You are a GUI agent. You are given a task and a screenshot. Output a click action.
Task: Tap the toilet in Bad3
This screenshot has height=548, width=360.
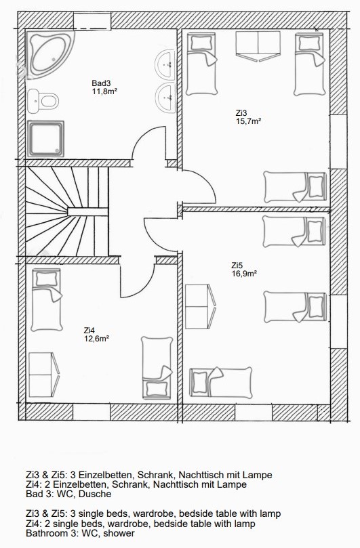(43, 101)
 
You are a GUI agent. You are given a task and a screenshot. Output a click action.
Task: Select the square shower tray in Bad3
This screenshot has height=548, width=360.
(46, 138)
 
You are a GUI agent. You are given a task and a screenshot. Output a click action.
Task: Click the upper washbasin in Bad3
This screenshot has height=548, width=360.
(165, 65)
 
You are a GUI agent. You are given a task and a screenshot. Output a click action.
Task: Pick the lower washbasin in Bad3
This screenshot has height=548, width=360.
(165, 98)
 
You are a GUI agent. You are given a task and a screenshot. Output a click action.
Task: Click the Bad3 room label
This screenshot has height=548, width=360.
(101, 83)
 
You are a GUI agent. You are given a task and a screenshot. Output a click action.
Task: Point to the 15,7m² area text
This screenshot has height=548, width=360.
(248, 121)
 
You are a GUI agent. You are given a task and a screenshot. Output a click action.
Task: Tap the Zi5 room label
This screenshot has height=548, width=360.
(237, 266)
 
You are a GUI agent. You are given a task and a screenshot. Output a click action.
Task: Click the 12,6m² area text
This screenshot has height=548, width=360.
(97, 338)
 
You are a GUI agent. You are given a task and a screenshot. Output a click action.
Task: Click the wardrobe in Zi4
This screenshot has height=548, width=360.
(44, 375)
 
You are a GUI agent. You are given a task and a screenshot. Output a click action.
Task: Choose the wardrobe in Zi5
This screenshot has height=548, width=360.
(200, 306)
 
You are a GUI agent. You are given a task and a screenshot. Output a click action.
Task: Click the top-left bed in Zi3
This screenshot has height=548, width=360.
(201, 64)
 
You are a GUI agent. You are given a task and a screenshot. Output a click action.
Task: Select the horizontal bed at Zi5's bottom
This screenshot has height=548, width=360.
(221, 383)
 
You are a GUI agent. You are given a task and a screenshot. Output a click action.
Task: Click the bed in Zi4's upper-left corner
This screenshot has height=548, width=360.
(47, 300)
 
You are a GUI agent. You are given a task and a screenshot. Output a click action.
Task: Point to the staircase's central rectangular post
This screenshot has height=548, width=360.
(87, 212)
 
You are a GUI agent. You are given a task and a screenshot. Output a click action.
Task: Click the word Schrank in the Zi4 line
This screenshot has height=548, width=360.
(137, 484)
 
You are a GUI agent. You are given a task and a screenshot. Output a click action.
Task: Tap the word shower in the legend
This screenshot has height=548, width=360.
(119, 533)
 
